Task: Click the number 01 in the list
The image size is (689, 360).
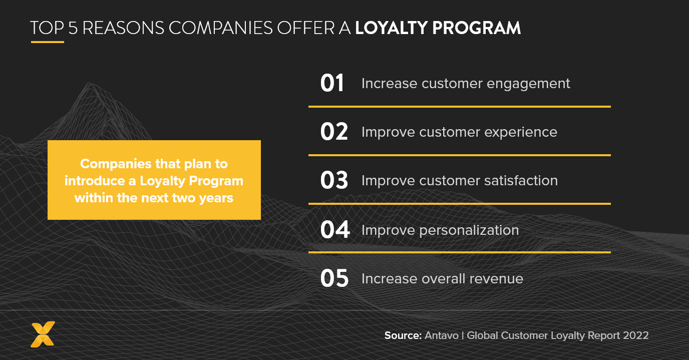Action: click(332, 84)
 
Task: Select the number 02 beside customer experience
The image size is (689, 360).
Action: click(333, 132)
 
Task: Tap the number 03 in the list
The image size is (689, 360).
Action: click(334, 181)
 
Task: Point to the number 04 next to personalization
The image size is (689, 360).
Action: click(334, 230)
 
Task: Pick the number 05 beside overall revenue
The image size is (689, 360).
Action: click(334, 279)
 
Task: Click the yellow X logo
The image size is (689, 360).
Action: click(43, 334)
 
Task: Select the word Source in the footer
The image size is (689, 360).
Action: click(403, 335)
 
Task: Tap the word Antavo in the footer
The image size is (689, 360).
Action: click(442, 335)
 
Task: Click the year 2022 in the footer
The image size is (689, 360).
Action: click(635, 335)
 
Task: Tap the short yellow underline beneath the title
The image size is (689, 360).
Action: click(47, 42)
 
